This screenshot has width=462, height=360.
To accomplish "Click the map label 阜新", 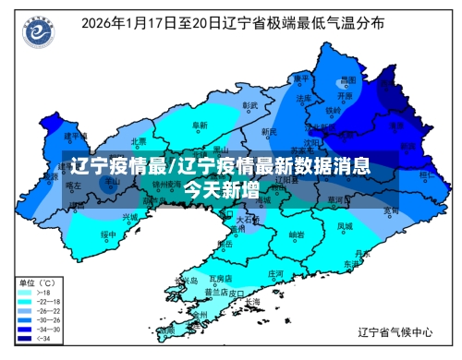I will (199, 125).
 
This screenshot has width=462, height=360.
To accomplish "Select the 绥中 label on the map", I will (109, 234).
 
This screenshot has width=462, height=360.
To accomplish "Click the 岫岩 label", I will (296, 234).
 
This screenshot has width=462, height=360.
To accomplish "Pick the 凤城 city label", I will (345, 225).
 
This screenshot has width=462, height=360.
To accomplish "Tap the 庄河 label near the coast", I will (275, 274).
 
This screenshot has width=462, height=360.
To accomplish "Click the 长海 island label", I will (252, 302).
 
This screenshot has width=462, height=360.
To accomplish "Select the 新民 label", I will (269, 132).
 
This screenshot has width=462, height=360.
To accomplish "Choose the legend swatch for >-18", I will (24, 293).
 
